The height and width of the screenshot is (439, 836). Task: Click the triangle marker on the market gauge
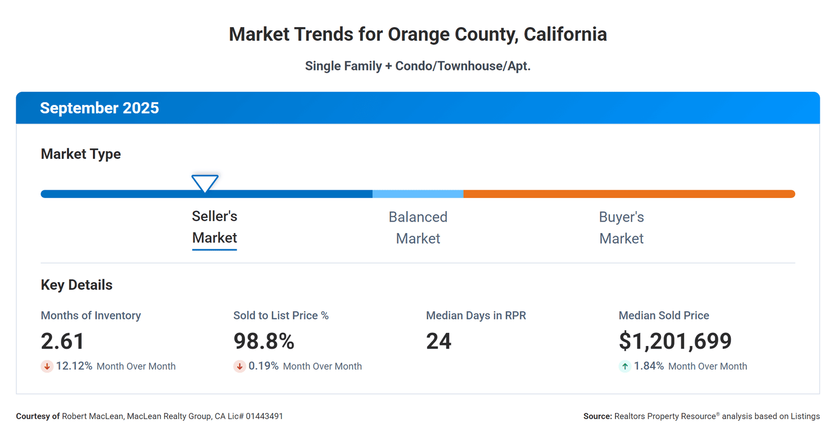click(x=205, y=183)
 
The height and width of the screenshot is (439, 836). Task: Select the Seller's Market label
click(x=214, y=227)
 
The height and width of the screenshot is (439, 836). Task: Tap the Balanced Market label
click(x=418, y=228)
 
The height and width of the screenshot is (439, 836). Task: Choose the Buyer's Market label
click(x=621, y=228)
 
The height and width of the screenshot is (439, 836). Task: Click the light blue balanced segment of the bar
click(x=418, y=194)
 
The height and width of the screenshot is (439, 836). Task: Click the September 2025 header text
click(x=99, y=108)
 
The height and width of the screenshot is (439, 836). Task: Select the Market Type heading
click(x=80, y=154)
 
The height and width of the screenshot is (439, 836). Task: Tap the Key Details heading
click(x=77, y=285)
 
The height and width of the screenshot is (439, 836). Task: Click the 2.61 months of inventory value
click(x=63, y=341)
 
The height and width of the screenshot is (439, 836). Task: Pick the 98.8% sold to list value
click(x=264, y=341)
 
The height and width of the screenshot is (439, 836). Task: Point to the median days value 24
click(x=438, y=341)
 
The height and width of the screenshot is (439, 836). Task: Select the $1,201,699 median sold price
click(x=675, y=341)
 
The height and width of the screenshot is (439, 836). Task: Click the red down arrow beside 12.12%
click(x=47, y=366)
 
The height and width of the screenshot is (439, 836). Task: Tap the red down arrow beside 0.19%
click(x=239, y=366)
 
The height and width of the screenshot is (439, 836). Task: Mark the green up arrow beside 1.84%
click(x=625, y=366)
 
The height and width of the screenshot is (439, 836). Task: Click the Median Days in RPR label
click(x=476, y=316)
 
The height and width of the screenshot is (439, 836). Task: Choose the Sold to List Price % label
click(x=281, y=316)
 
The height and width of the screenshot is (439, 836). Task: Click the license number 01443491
click(x=264, y=417)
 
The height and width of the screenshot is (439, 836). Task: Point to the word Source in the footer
click(x=597, y=417)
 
